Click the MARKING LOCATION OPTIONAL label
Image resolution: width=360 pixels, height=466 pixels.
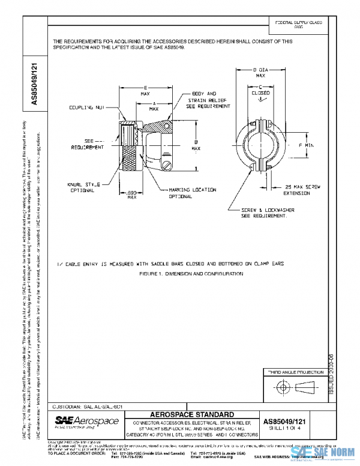(x=192, y=193)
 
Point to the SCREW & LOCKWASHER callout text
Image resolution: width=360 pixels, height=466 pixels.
(x=265, y=213)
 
